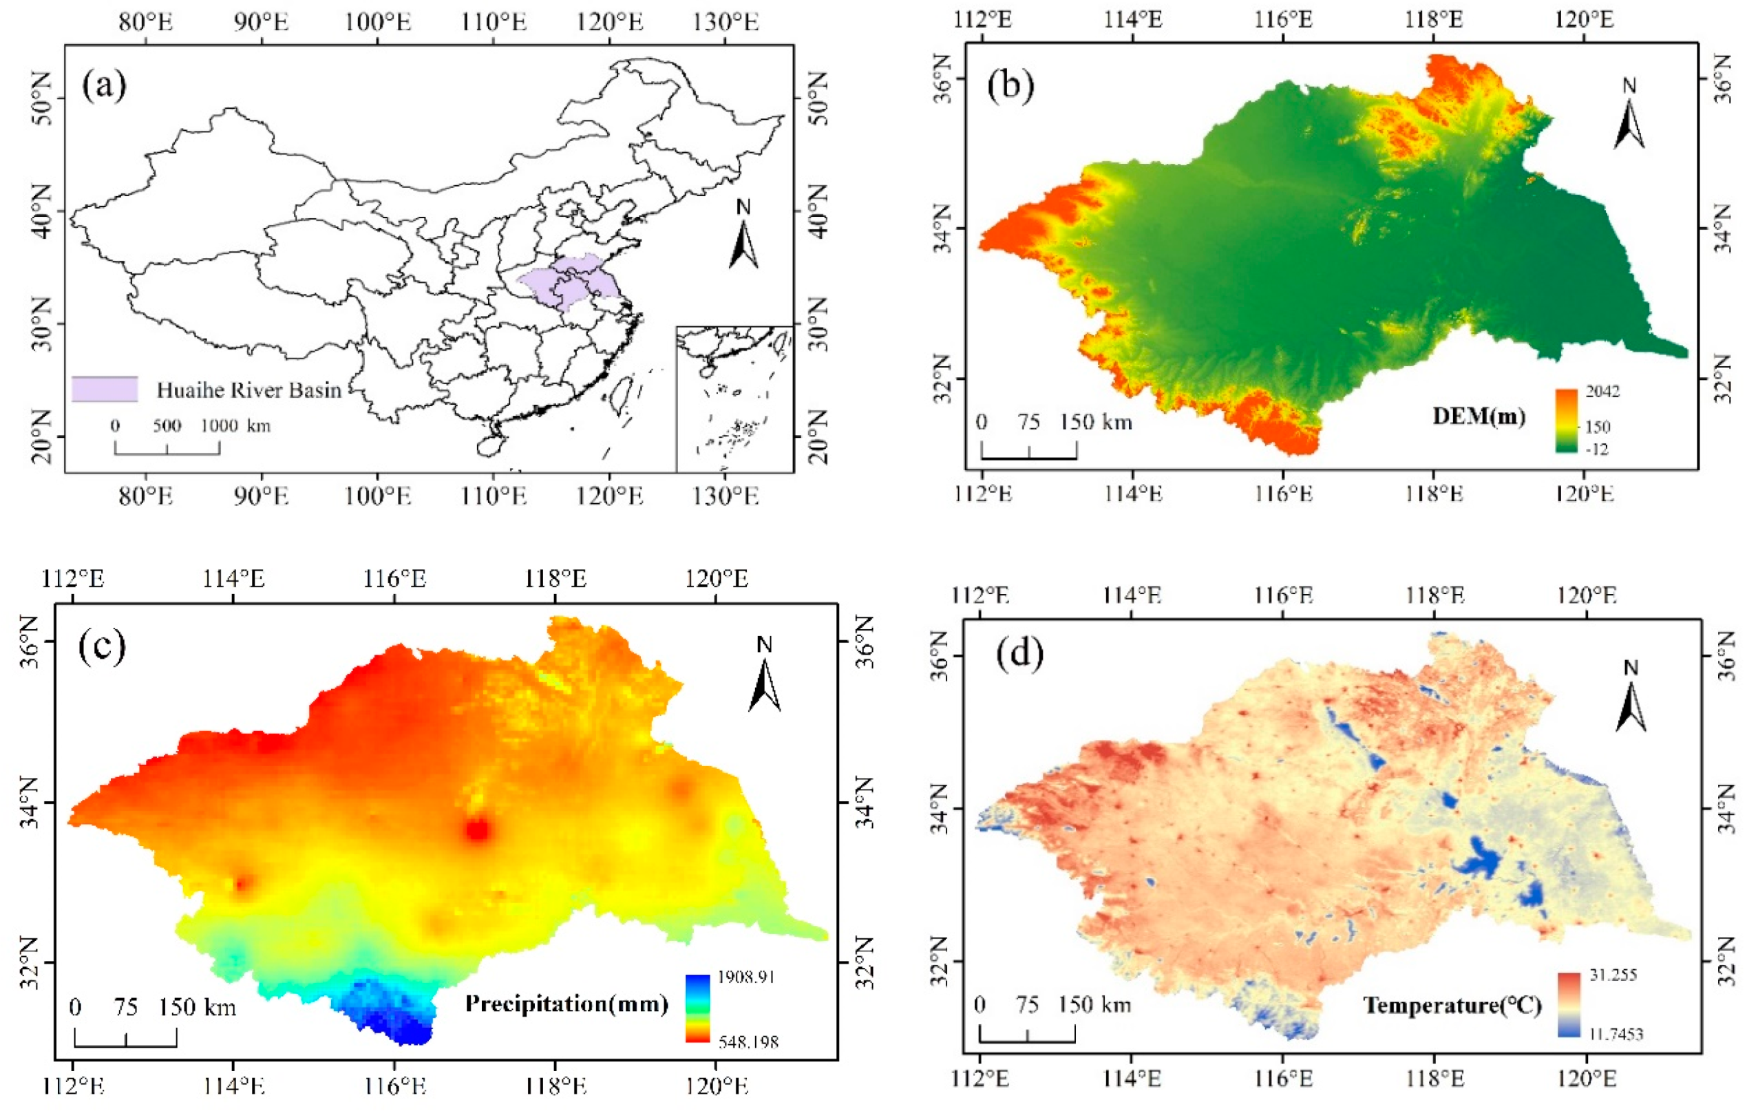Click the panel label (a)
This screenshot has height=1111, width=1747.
point(105,85)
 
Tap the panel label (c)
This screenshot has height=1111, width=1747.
point(102,645)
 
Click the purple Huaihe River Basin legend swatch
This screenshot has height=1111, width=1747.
point(105,389)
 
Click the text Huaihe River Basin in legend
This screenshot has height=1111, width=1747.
point(249,390)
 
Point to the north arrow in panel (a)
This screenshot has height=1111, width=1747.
point(743,236)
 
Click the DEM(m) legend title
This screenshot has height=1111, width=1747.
point(1479,416)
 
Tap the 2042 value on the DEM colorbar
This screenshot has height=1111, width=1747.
point(1602,392)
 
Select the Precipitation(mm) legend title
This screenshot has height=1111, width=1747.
point(567,1004)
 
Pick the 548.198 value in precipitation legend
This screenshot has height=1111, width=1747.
point(749,1042)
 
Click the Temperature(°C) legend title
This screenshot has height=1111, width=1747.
point(1452,1005)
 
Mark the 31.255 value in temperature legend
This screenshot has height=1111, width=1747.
point(1613,975)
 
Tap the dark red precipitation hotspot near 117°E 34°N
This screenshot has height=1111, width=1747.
point(478,829)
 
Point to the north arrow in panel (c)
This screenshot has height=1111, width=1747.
point(765,675)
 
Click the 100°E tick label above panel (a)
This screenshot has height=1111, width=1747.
point(377,22)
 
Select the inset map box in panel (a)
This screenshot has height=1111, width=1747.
point(734,399)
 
